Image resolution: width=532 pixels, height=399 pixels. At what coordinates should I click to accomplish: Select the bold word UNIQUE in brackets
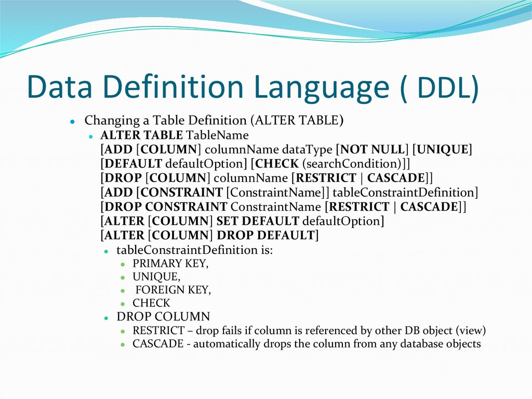pos(445,150)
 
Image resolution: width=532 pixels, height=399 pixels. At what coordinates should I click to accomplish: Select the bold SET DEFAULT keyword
pos(258,221)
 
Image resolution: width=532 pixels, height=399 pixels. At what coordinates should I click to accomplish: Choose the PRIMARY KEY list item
pos(170,264)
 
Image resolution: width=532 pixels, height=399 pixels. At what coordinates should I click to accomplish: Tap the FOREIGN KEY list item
pos(173,290)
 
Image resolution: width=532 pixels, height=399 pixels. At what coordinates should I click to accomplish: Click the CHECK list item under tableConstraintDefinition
pos(151,303)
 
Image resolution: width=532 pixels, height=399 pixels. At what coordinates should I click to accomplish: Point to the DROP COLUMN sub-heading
pos(163,317)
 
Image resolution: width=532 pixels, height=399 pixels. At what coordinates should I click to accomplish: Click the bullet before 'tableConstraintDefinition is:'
pos(106,251)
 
